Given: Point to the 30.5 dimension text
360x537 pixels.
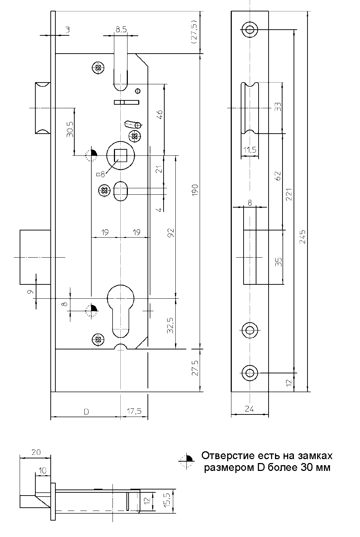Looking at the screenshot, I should tap(70, 129).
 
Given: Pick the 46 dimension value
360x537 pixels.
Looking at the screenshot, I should tap(159, 115).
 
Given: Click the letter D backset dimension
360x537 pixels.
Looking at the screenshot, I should tap(86, 412).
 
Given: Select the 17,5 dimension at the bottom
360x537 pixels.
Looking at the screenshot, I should tap(134, 412).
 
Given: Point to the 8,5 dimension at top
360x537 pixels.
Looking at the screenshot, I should tap(121, 30).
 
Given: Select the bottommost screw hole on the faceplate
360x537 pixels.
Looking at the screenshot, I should tap(250, 373).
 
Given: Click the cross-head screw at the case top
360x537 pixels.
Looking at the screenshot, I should tap(98, 67).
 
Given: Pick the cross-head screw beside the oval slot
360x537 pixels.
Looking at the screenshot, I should tap(104, 190).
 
